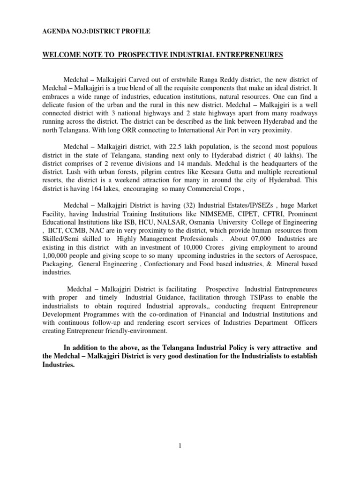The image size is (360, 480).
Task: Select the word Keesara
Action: point(213,172)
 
